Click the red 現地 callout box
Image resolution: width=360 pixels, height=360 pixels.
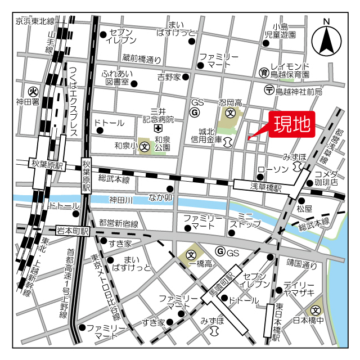[x=292, y=124]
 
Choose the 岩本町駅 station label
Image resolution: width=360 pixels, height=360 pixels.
[x=73, y=231]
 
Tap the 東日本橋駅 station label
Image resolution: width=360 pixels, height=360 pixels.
[x=277, y=322]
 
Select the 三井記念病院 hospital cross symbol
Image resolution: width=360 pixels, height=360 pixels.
[x=150, y=129]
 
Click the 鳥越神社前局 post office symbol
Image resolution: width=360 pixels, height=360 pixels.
[x=269, y=90]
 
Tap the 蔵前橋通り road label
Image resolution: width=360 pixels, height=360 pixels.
[x=142, y=58]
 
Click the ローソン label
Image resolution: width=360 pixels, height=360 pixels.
[x=273, y=169]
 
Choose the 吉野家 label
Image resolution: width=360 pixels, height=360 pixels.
[x=169, y=76]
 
